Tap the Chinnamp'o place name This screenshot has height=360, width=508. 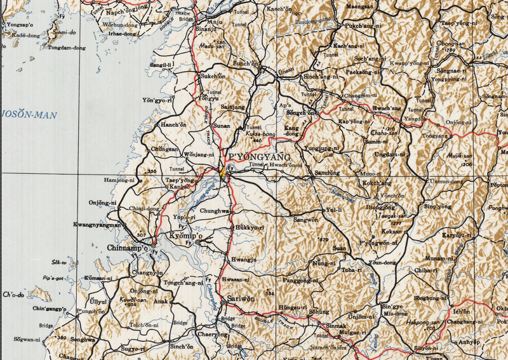[127, 248]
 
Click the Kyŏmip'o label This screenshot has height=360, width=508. [186, 236]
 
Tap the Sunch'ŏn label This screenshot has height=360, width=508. [246, 64]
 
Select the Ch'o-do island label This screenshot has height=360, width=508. [13, 295]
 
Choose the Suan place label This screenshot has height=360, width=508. [340, 248]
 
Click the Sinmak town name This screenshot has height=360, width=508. [337, 326]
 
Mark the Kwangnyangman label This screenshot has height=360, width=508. [97, 225]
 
